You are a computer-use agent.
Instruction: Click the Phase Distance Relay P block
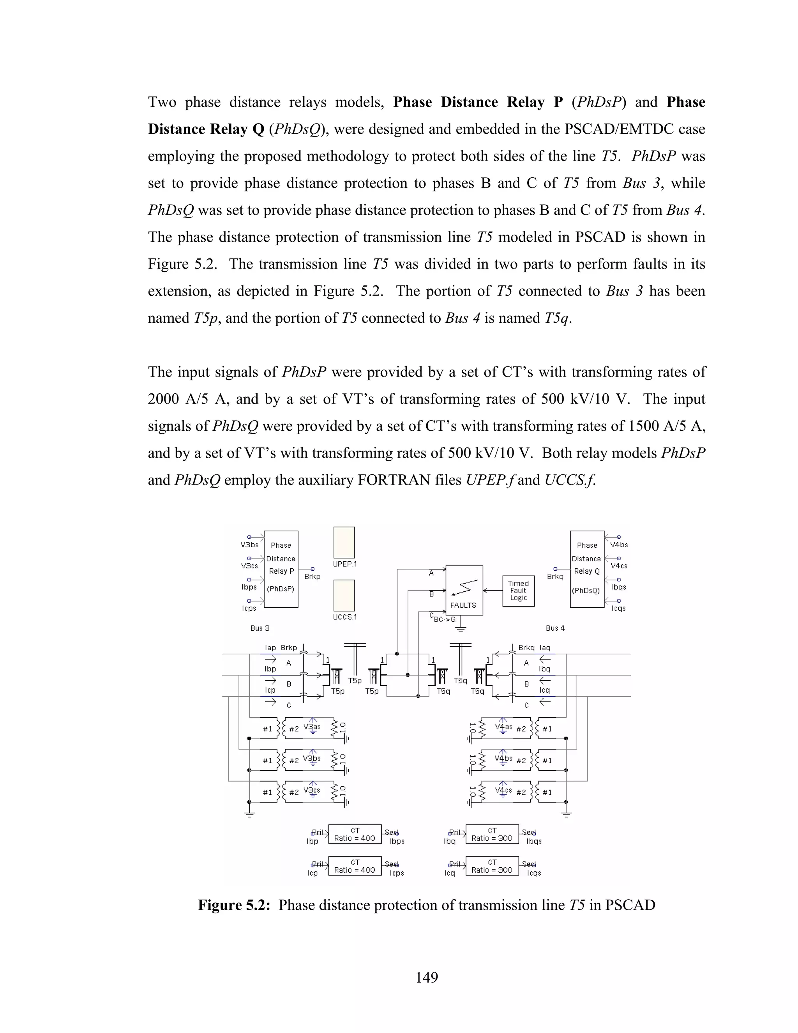281,569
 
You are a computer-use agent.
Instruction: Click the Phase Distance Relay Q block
587,569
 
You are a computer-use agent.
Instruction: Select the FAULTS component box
464,590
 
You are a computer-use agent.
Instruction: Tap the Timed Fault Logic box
518,591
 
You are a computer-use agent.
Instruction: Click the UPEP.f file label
344,564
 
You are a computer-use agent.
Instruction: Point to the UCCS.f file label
344,617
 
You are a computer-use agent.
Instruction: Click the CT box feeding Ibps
355,834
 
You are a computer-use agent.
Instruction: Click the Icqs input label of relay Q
618,608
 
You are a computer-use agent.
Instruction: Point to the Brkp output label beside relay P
312,577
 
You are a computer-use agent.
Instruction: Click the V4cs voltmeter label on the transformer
503,791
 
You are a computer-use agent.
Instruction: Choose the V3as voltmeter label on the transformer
312,727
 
